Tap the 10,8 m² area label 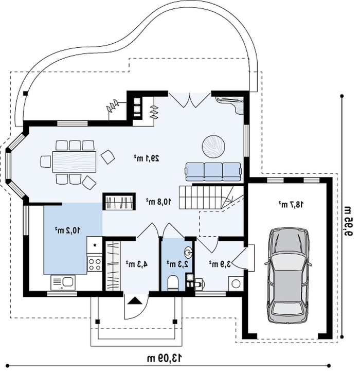(x=159, y=202)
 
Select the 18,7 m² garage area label (x=291, y=205)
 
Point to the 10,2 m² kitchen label (x=68, y=230)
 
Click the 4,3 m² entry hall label (x=137, y=264)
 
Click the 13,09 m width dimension (x=165, y=359)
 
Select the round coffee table (x=214, y=147)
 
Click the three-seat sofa (x=213, y=172)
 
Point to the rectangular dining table (x=75, y=162)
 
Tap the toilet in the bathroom (x=173, y=283)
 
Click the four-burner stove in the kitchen (x=95, y=264)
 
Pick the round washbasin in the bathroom (x=189, y=252)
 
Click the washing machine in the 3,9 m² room (x=236, y=284)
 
